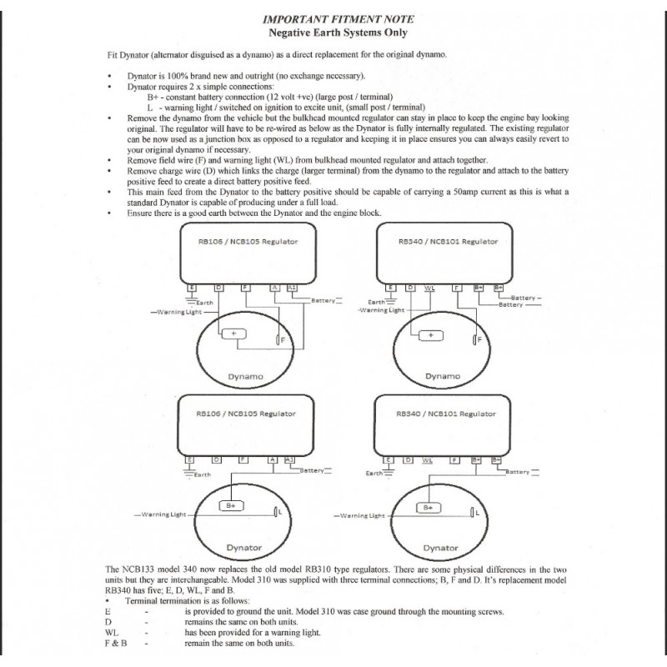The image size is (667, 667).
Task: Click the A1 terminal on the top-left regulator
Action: [x=290, y=288]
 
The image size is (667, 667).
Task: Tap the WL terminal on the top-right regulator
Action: [x=429, y=288]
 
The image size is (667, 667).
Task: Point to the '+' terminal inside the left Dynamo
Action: [x=233, y=333]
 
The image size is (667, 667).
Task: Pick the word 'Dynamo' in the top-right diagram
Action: [x=442, y=376]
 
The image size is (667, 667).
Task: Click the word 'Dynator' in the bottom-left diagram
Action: [x=244, y=548]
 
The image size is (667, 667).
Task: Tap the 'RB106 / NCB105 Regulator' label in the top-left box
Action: [x=245, y=241]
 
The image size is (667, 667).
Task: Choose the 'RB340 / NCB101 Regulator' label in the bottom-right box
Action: [x=446, y=414]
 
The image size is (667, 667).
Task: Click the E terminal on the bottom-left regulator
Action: [x=190, y=459]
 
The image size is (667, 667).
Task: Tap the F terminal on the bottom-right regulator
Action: [x=455, y=459]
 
